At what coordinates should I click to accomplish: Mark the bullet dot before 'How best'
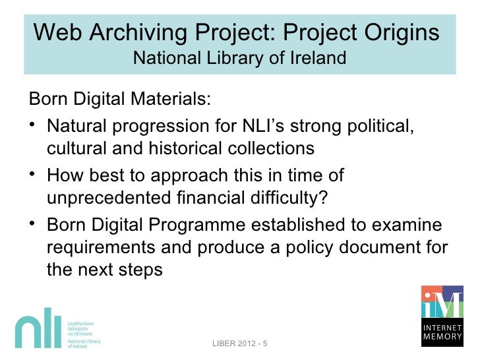[34, 175]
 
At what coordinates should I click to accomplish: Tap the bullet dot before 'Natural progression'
[34, 125]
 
